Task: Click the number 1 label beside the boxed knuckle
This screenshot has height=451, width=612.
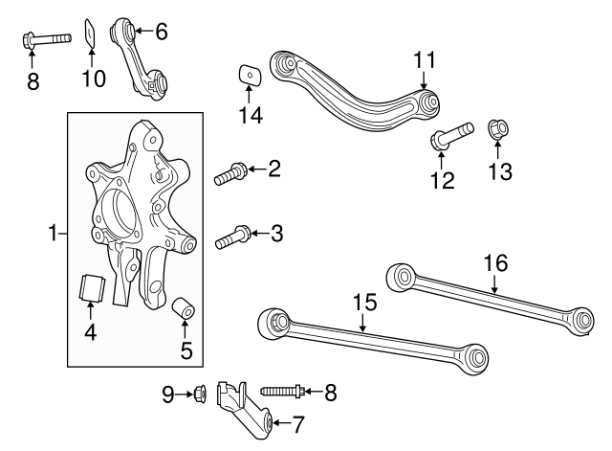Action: (55, 233)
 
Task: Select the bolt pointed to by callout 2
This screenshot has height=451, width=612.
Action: (229, 174)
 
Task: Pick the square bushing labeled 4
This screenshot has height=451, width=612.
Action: (91, 286)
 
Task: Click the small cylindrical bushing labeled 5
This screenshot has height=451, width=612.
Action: (184, 309)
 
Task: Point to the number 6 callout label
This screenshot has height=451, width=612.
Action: (161, 32)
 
